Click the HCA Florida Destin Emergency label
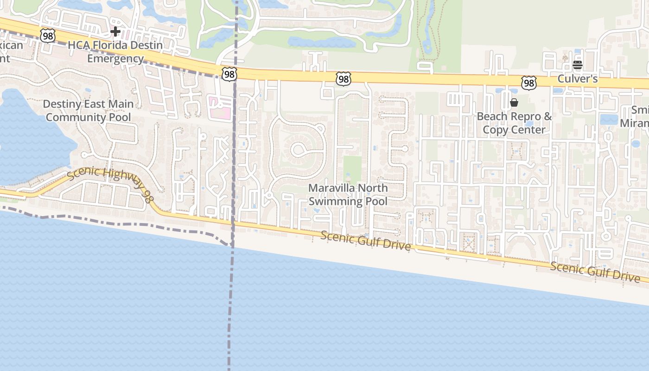[x=115, y=52]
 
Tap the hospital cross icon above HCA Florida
[x=115, y=32]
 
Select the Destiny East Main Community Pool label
[x=88, y=110]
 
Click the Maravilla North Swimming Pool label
[x=348, y=195]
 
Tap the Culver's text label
[x=577, y=79]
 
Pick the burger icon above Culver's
[x=577, y=65]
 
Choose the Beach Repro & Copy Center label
[x=514, y=123]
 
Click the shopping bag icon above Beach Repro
[x=514, y=102]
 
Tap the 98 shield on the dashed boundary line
[x=229, y=74]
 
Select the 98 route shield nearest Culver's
[x=528, y=83]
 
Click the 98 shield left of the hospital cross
[x=48, y=35]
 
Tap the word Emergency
[x=115, y=59]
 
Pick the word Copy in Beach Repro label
[x=494, y=130]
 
